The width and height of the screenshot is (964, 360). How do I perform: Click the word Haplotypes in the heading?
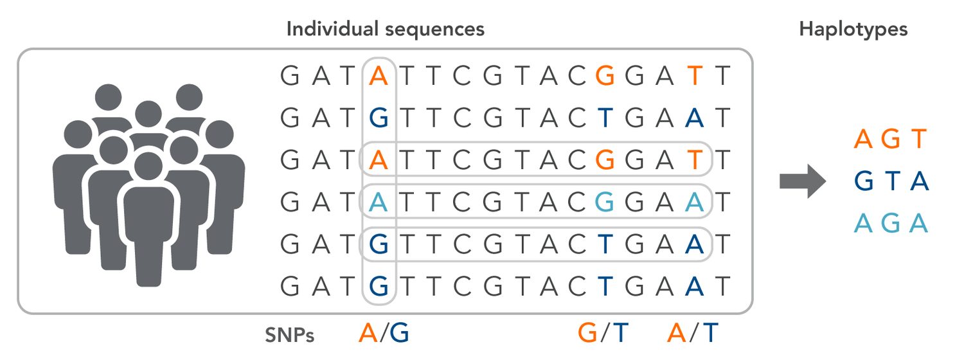pyautogui.click(x=853, y=30)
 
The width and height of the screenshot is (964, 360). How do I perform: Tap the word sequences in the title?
pyautogui.click(x=434, y=30)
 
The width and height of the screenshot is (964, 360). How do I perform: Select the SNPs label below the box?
pyautogui.click(x=290, y=334)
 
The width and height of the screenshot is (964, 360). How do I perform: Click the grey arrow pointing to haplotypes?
pyautogui.click(x=803, y=181)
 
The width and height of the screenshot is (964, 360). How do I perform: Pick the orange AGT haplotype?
pyautogui.click(x=890, y=139)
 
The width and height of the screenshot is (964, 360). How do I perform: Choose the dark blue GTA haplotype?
pyautogui.click(x=891, y=181)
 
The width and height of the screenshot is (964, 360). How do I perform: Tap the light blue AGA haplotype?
pyautogui.click(x=890, y=223)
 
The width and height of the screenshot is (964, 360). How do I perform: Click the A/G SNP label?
pyautogui.click(x=384, y=333)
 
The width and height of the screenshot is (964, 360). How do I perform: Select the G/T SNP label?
pyautogui.click(x=603, y=333)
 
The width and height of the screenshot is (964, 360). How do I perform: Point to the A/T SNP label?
pyautogui.click(x=692, y=333)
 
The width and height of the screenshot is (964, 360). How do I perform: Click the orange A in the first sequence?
pyautogui.click(x=379, y=76)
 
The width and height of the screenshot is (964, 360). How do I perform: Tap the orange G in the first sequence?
pyautogui.click(x=605, y=76)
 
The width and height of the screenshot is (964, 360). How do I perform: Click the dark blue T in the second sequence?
pyautogui.click(x=605, y=118)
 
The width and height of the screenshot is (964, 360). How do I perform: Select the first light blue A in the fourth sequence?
pyautogui.click(x=379, y=202)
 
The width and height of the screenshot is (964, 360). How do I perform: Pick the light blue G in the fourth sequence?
pyautogui.click(x=605, y=202)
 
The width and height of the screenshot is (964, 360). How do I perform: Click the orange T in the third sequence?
pyautogui.click(x=695, y=160)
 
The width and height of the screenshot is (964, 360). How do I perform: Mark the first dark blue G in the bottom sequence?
pyautogui.click(x=379, y=286)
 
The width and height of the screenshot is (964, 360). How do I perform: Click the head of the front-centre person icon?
pyautogui.click(x=148, y=166)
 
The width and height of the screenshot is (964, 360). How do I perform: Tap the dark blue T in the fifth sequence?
pyautogui.click(x=605, y=244)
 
